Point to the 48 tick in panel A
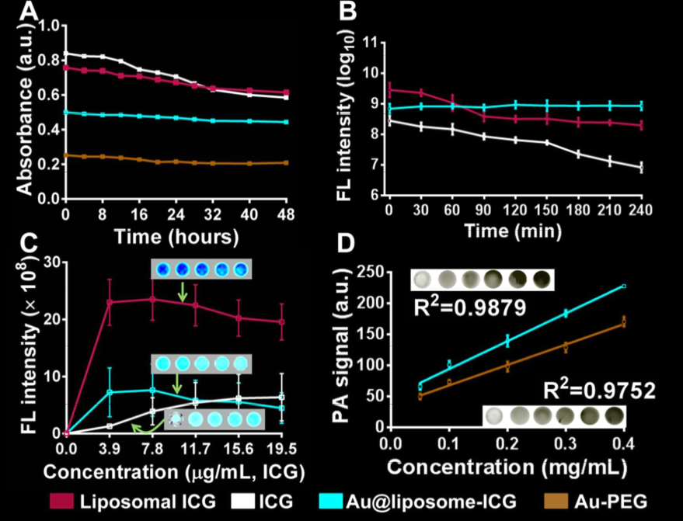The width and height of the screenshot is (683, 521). (x=287, y=215)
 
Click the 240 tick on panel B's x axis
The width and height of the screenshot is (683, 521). (x=641, y=210)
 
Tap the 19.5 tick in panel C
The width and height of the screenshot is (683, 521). (x=283, y=450)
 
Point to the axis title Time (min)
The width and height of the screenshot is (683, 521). (x=515, y=230)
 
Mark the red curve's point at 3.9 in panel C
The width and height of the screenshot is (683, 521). (x=110, y=301)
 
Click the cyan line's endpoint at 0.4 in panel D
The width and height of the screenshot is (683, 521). (x=623, y=287)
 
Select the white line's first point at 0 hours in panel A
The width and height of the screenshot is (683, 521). (x=66, y=54)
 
